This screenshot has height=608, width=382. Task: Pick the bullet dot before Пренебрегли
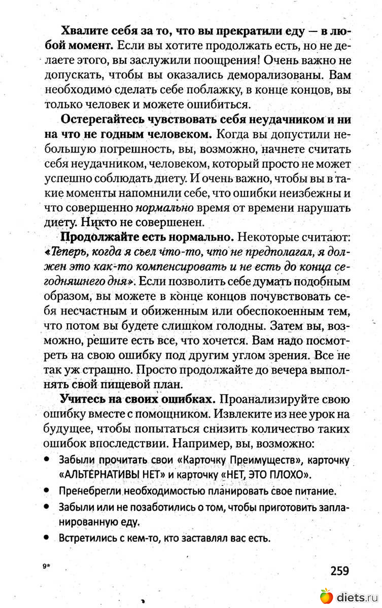(46, 491)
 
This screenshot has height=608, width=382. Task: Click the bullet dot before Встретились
(46, 538)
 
